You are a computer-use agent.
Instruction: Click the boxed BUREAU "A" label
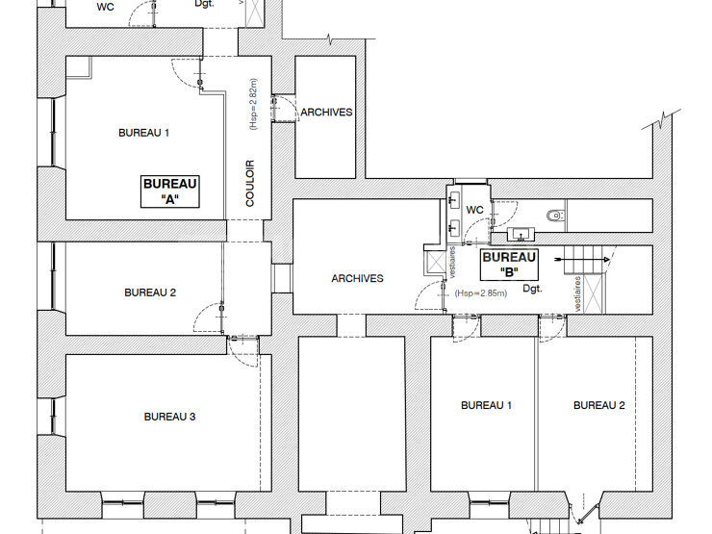(x=170, y=191)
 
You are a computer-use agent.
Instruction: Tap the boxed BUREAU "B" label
(x=509, y=265)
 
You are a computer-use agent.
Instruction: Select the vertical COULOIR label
(x=250, y=184)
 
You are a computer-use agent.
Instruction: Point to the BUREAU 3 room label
(x=170, y=417)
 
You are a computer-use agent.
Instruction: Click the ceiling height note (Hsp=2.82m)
(x=253, y=104)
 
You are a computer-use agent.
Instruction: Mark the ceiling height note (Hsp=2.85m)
(x=481, y=292)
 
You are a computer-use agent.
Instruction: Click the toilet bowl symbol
(x=555, y=216)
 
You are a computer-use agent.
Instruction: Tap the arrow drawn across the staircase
(x=582, y=259)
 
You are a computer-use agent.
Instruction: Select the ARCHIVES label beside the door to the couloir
(x=326, y=113)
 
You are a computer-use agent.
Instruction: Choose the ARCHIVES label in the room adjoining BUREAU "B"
(x=357, y=278)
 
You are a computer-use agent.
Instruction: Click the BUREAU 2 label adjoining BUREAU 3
(x=150, y=292)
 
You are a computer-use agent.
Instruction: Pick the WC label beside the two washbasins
(x=474, y=210)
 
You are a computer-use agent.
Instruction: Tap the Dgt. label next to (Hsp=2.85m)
(x=532, y=288)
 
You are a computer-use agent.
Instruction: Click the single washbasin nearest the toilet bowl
(x=521, y=235)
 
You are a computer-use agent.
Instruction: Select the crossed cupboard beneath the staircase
(x=594, y=293)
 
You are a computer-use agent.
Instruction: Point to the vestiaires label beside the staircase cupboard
(x=577, y=293)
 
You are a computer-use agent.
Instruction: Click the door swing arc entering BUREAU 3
(x=242, y=353)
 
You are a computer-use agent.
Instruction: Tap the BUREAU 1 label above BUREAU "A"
(x=143, y=133)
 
